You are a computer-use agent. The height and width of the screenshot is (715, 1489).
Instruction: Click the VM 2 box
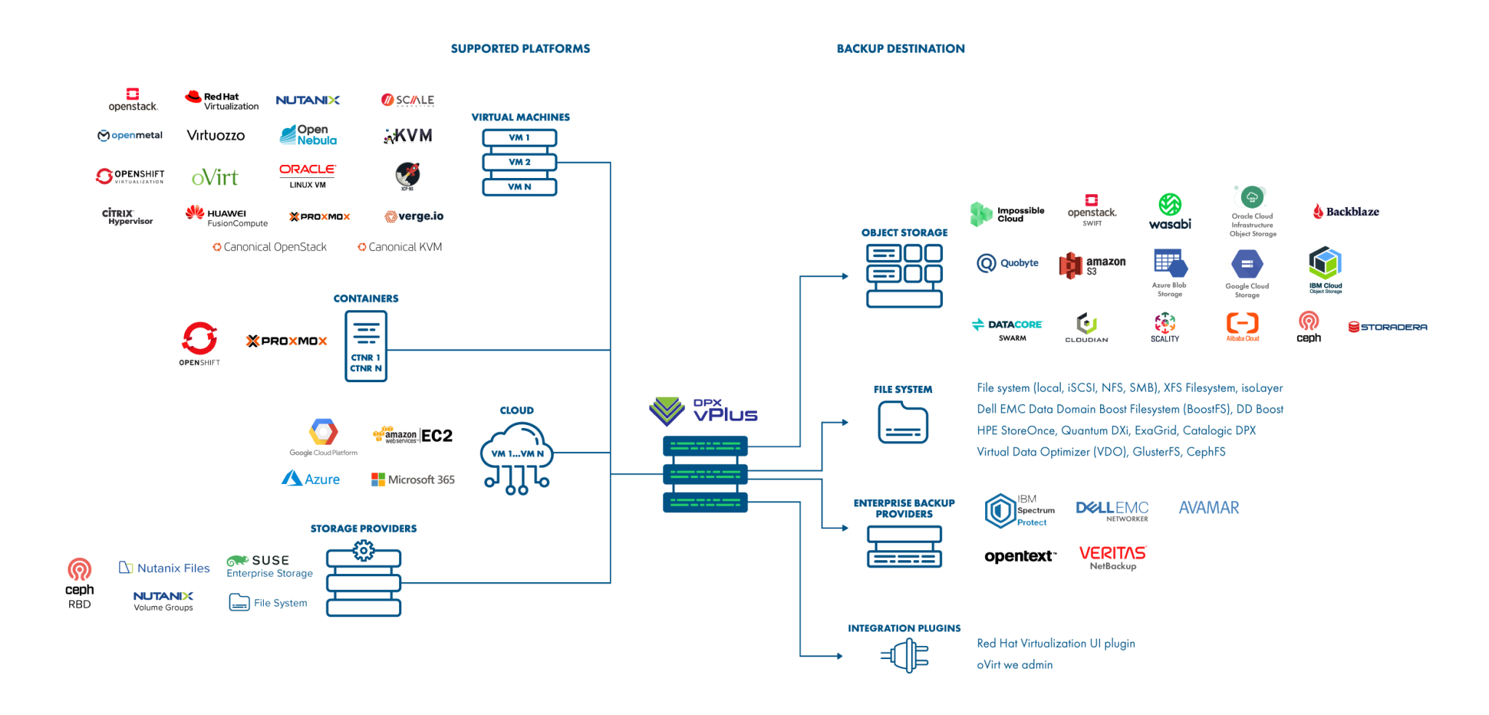pyautogui.click(x=519, y=162)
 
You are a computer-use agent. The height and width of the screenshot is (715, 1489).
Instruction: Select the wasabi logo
pyautogui.click(x=1170, y=211)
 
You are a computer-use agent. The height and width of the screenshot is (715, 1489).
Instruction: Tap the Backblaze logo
pyautogui.click(x=1346, y=211)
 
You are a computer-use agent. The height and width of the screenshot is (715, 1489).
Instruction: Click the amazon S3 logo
pyautogui.click(x=1092, y=265)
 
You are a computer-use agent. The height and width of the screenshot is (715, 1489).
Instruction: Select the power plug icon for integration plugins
pyautogui.click(x=906, y=655)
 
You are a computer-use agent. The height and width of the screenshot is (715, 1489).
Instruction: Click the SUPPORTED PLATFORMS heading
pyautogui.click(x=520, y=49)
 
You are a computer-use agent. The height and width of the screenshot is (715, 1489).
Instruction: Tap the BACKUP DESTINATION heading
pyautogui.click(x=900, y=49)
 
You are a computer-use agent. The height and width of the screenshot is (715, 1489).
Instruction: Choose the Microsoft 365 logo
pyautogui.click(x=413, y=480)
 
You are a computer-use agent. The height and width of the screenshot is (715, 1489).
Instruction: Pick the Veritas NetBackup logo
pyautogui.click(x=1112, y=557)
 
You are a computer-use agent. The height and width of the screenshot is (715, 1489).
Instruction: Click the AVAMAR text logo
pyautogui.click(x=1208, y=508)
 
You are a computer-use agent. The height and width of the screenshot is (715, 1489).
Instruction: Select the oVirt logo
pyautogui.click(x=214, y=177)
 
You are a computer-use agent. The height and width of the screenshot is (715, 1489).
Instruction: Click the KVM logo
pyautogui.click(x=408, y=136)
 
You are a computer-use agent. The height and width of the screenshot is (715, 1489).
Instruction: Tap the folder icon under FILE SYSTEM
pyautogui.click(x=903, y=422)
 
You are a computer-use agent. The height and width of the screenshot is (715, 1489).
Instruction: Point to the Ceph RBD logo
pyautogui.click(x=79, y=583)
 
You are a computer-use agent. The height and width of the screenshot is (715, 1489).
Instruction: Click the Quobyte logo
pyautogui.click(x=1008, y=263)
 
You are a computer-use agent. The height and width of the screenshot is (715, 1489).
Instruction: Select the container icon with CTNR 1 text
pyautogui.click(x=366, y=347)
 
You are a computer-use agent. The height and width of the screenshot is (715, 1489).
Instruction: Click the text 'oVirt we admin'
pyautogui.click(x=1014, y=665)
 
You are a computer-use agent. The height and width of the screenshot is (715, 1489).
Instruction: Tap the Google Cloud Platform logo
pyautogui.click(x=324, y=437)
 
